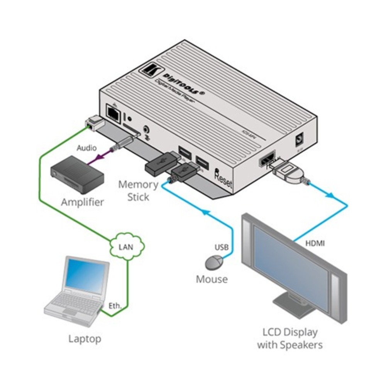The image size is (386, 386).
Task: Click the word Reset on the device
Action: [x=223, y=181]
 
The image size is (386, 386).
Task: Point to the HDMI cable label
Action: [x=315, y=243]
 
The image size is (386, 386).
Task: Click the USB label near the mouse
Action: [x=222, y=247]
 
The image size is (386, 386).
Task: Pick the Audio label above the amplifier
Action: [x=86, y=148]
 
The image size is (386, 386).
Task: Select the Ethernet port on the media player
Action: [x=115, y=113]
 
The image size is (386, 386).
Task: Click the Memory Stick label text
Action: [x=138, y=190]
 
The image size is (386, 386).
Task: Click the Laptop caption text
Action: [x=85, y=339]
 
